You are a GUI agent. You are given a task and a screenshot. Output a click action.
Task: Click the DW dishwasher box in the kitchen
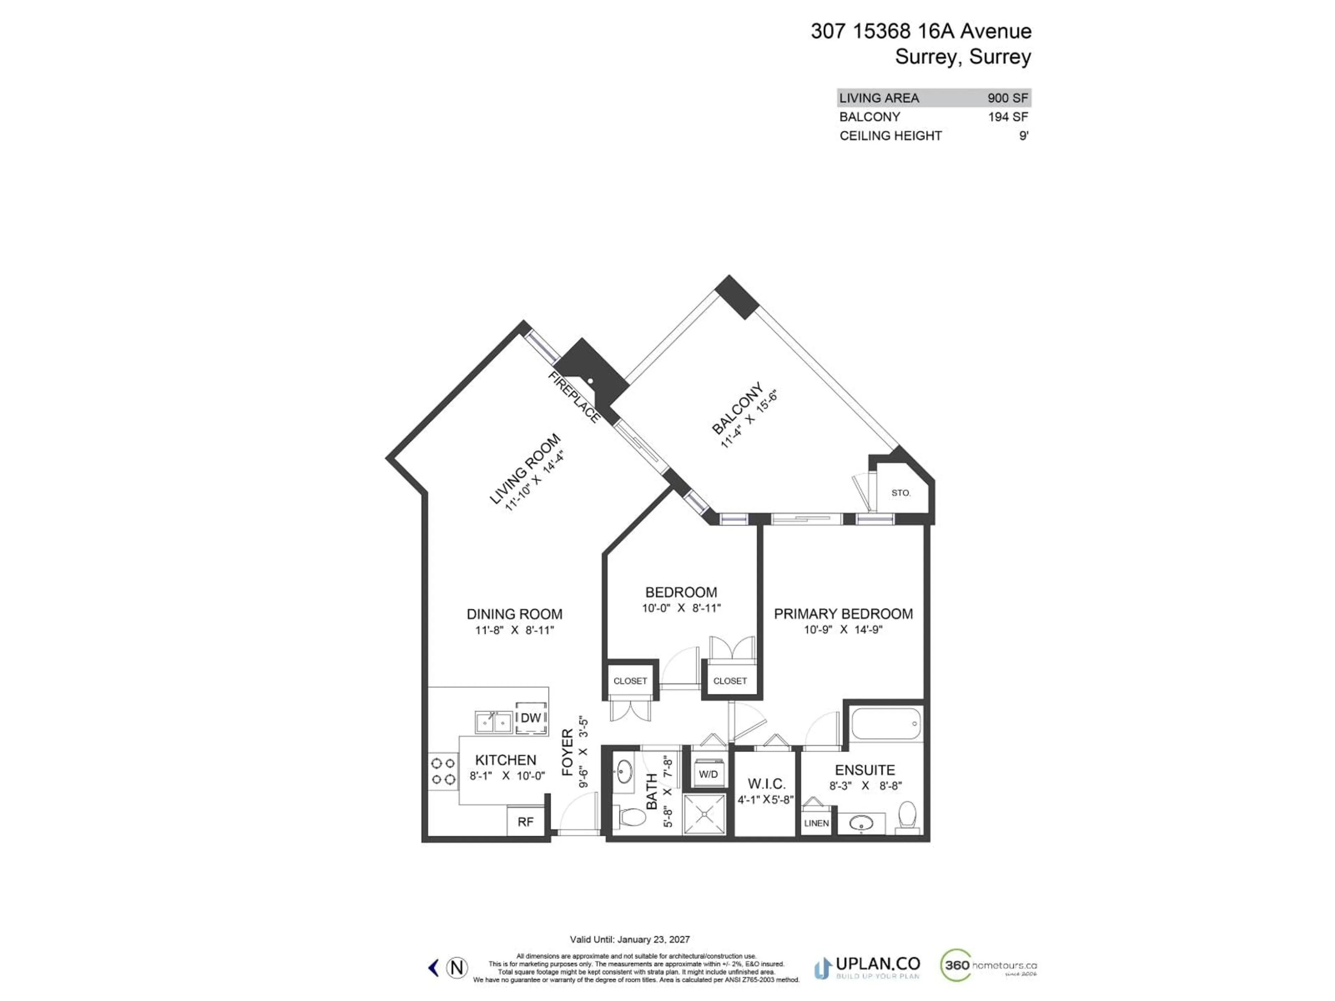[x=531, y=718]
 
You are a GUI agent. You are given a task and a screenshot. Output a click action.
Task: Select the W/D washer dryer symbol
[x=708, y=774]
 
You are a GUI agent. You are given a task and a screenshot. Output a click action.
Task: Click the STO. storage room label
[x=900, y=493]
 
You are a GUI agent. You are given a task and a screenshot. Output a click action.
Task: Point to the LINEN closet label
[x=816, y=823]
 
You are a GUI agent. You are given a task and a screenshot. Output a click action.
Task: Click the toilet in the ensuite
[x=907, y=816]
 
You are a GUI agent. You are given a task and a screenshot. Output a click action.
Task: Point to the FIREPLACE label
[x=574, y=397]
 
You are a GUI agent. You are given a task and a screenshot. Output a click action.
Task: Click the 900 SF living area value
[x=1007, y=98]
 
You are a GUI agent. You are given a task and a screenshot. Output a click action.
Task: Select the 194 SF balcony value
[x=1007, y=117]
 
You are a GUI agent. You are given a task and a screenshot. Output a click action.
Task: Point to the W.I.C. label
[x=767, y=784]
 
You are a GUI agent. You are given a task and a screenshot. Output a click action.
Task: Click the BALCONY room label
[x=737, y=408]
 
